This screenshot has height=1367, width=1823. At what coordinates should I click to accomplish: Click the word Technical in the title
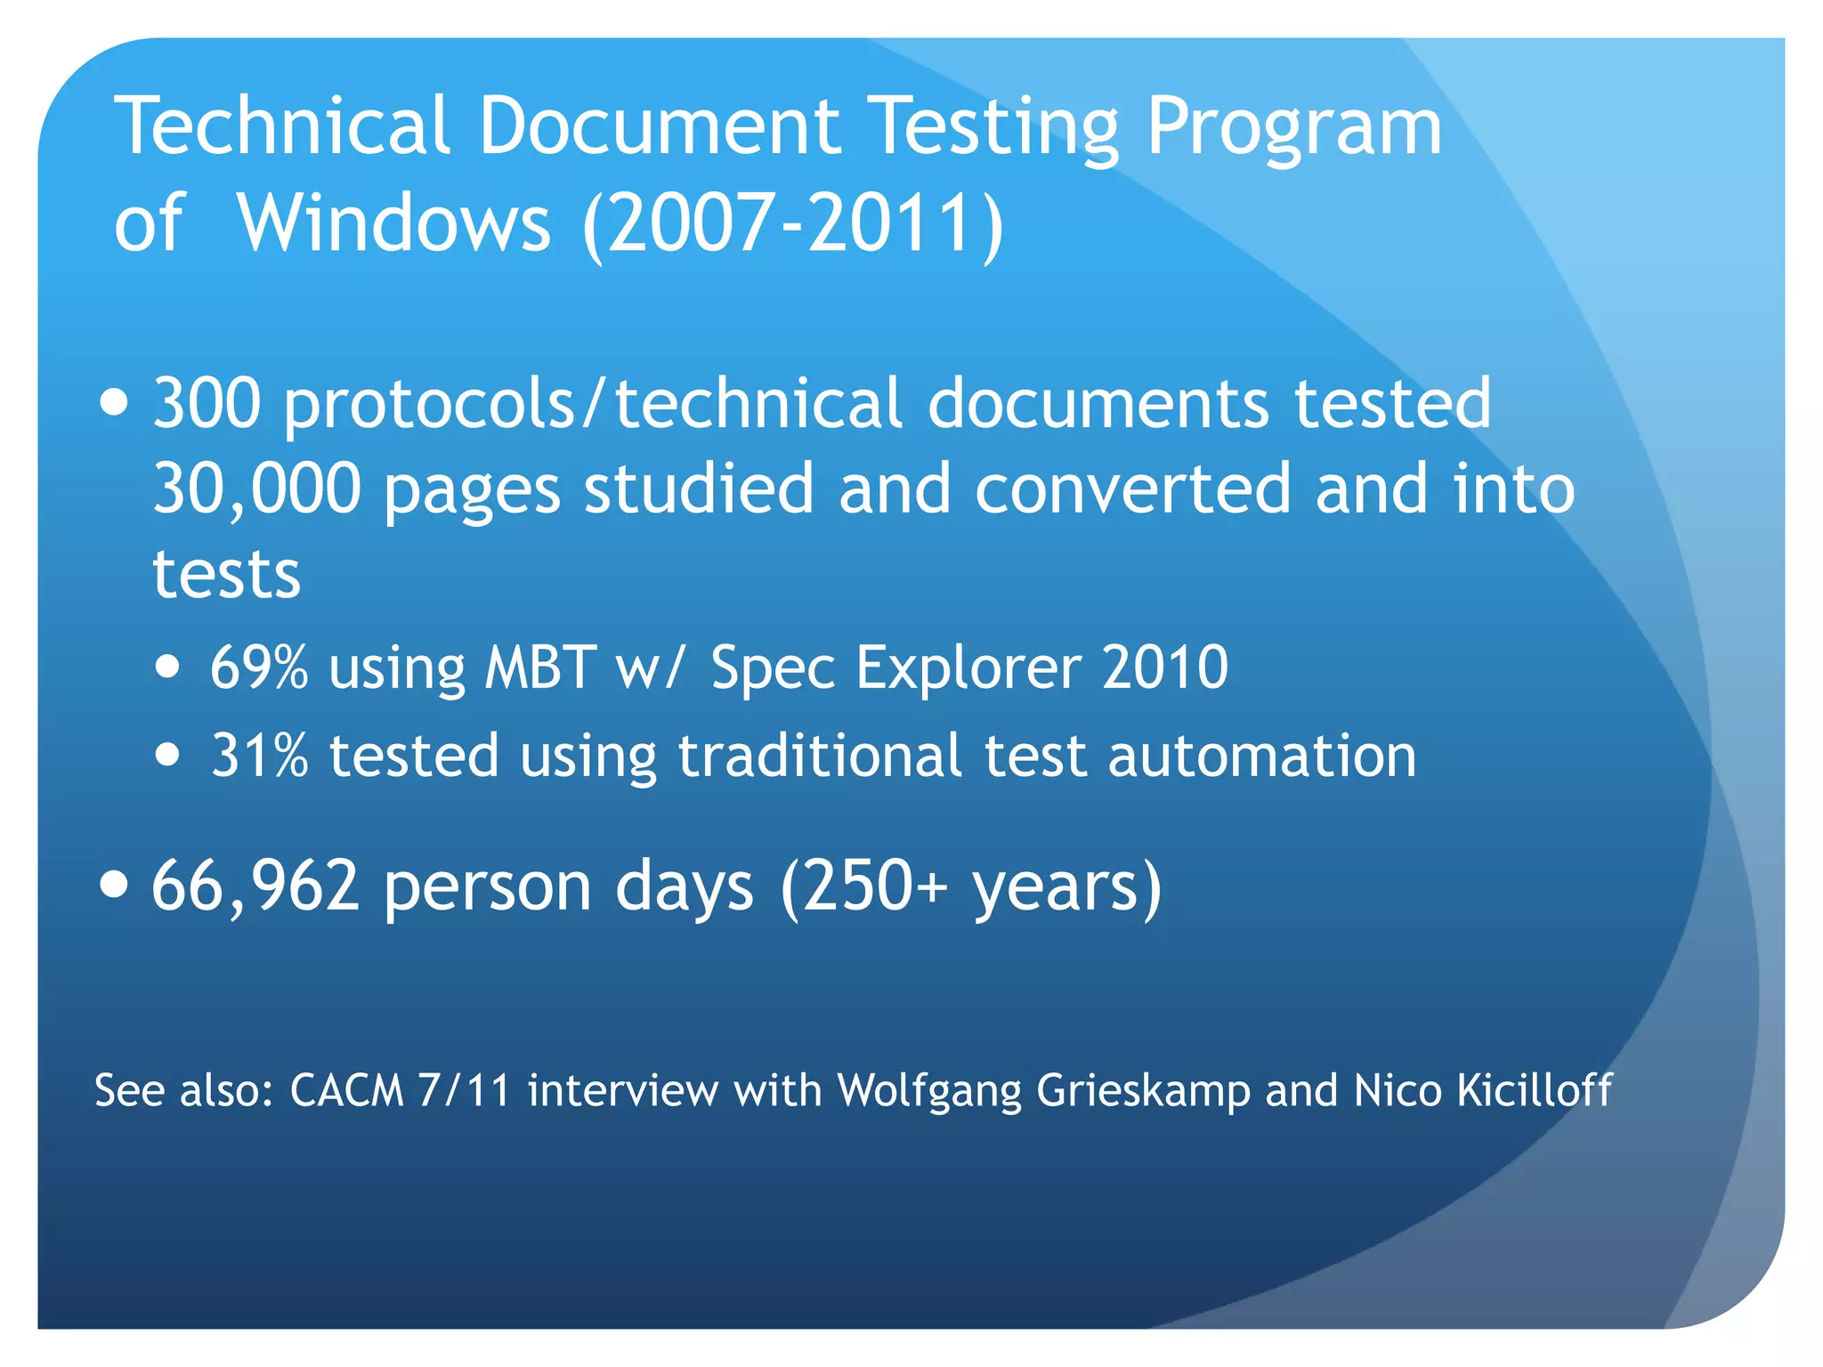[x=282, y=126]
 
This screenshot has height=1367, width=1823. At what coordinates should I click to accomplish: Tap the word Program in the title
[x=1292, y=126]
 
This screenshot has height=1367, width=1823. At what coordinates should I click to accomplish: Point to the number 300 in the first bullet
[x=207, y=403]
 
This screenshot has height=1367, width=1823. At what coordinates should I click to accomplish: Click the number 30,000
[x=256, y=489]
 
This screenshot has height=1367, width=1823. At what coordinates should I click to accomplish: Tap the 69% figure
[x=259, y=667]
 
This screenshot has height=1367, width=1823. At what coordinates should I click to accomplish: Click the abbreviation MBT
[x=539, y=667]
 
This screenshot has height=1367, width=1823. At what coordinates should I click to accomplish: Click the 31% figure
[x=259, y=756]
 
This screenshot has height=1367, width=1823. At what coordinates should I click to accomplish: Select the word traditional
[x=820, y=756]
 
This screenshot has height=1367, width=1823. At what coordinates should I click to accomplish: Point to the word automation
[x=1261, y=756]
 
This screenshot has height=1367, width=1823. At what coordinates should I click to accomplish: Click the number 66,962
[x=255, y=886]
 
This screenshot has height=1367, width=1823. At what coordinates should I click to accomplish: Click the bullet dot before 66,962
[x=114, y=885]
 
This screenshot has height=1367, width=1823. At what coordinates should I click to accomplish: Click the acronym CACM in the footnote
[x=346, y=1090]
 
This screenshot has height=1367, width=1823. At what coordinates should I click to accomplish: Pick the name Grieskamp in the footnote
[x=1143, y=1090]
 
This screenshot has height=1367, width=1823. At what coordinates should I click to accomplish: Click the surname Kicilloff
[x=1534, y=1090]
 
